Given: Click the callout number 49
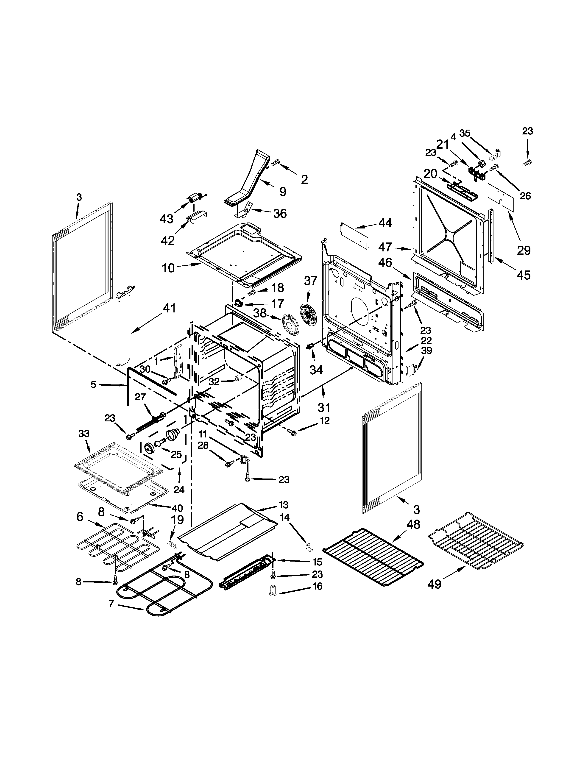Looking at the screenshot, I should click(x=434, y=584).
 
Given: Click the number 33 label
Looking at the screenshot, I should click(x=84, y=434).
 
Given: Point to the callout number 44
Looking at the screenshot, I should click(x=385, y=223).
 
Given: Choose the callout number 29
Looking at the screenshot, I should click(x=524, y=250).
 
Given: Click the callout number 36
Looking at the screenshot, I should click(x=280, y=214).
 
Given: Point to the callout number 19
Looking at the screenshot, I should click(x=177, y=530).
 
